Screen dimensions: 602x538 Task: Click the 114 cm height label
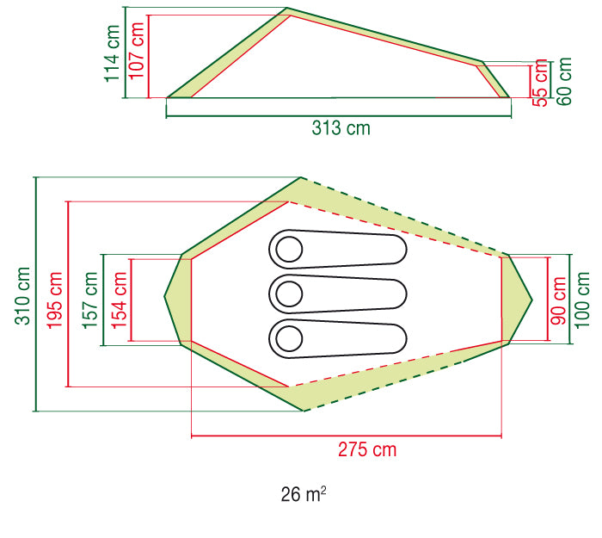tap(113, 53)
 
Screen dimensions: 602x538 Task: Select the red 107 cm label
tap(136, 51)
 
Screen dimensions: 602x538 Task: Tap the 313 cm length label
tap(341, 128)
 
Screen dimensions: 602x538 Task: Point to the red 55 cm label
tap(539, 83)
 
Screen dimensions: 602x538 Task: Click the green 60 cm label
tap(564, 82)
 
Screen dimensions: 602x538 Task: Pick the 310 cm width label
tap(22, 296)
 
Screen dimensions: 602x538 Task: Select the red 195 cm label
tap(54, 300)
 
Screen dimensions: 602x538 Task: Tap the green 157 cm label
tap(90, 300)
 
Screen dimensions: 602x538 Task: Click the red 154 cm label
tap(119, 300)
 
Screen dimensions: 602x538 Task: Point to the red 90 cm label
tap(559, 301)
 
